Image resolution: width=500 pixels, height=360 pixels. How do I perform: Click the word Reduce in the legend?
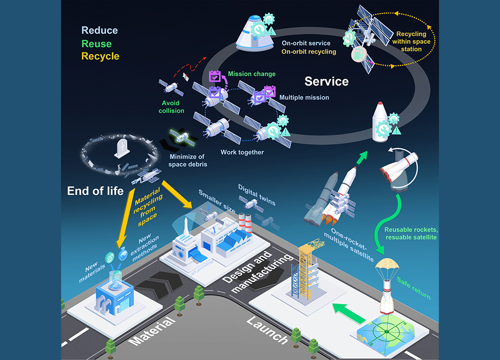tap(99, 31)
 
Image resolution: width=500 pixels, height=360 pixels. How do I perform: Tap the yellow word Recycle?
tap(100, 56)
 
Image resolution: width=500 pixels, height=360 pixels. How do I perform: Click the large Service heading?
tap(326, 81)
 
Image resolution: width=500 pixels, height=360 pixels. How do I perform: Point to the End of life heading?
tap(95, 190)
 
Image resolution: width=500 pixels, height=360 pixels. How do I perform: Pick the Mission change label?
tap(251, 74)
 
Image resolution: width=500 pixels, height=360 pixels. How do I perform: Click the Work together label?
tap(242, 152)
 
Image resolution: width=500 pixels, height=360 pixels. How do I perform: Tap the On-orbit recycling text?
tap(308, 51)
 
